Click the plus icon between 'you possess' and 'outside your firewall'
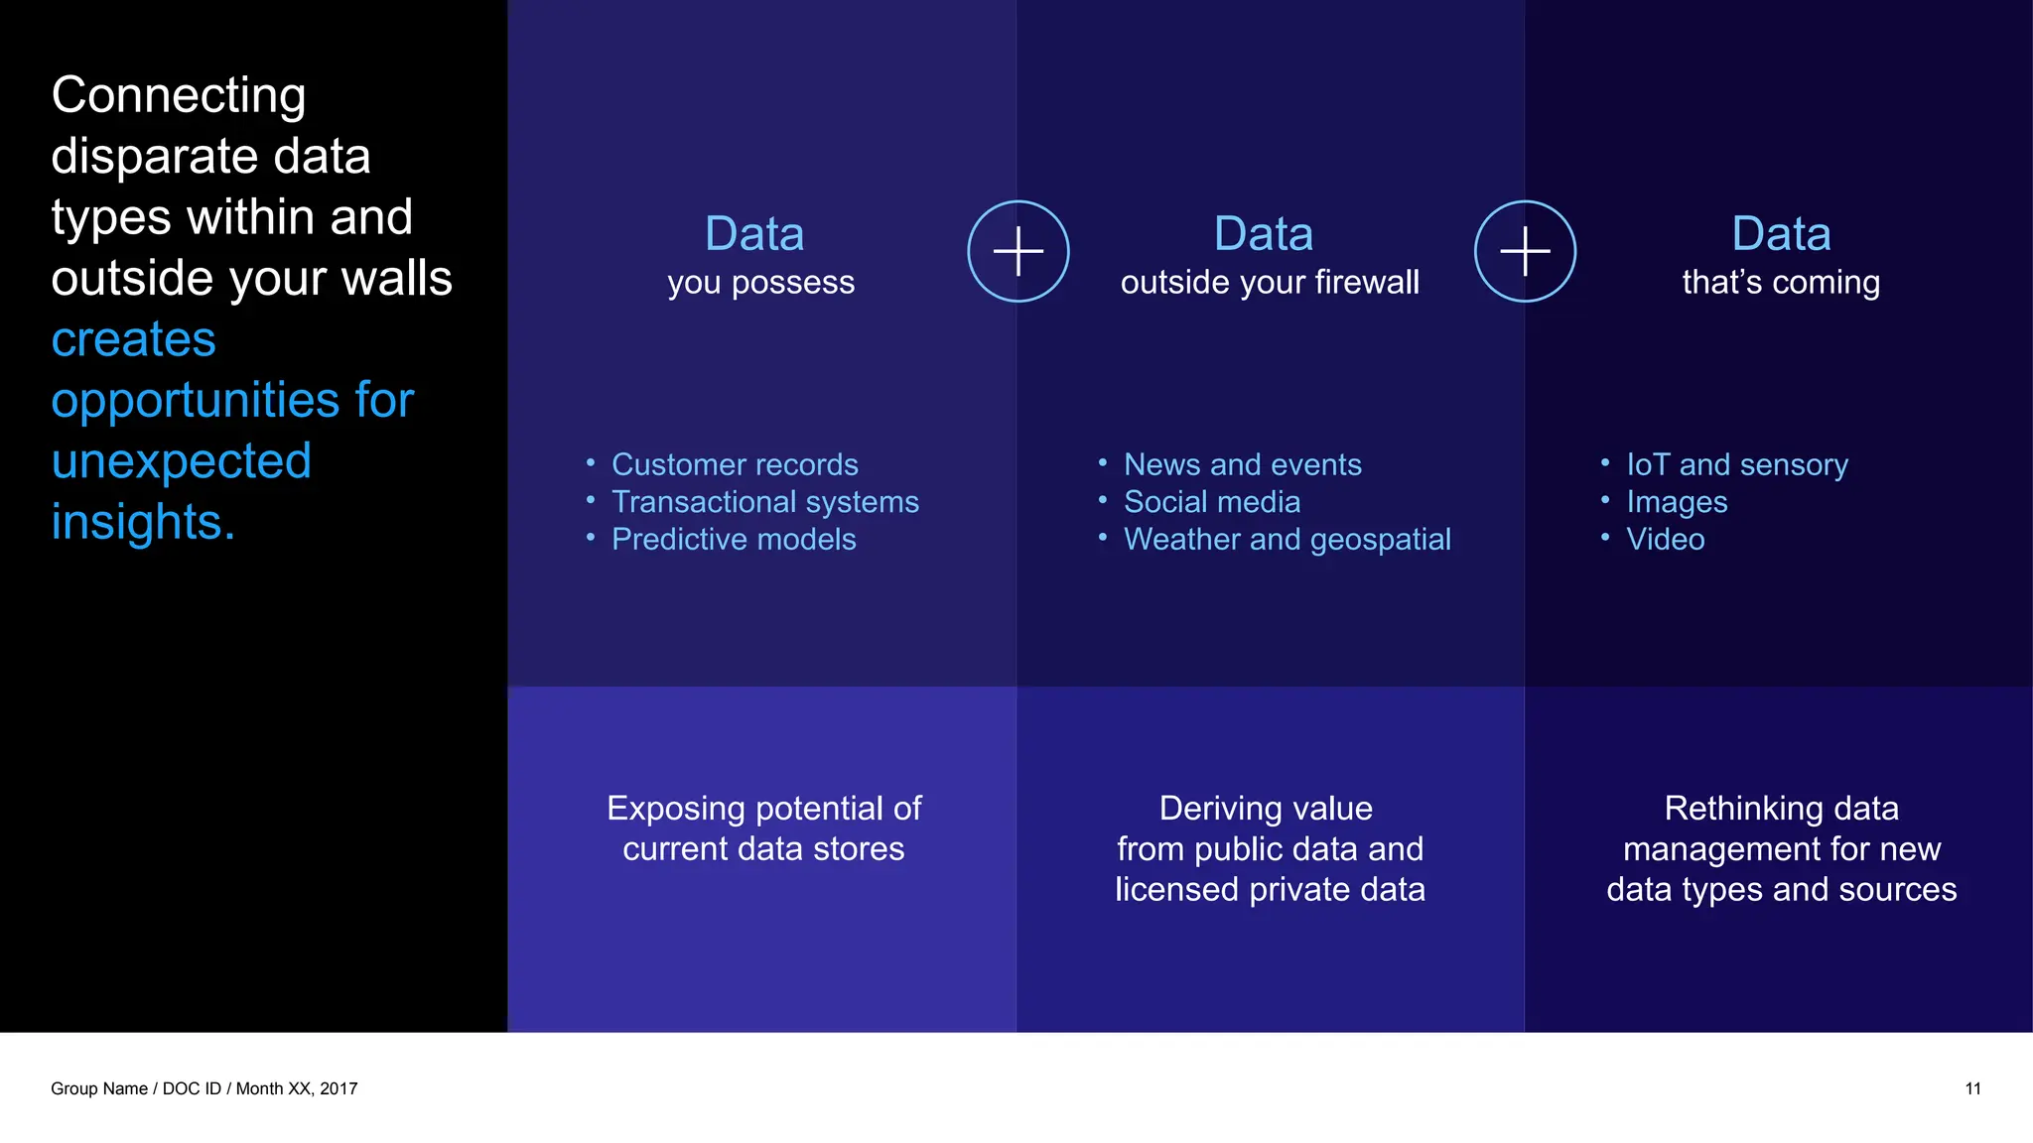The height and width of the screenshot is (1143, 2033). (1017, 251)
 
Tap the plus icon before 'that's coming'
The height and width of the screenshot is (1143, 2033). (1525, 251)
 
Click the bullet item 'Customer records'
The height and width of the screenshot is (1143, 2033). (734, 464)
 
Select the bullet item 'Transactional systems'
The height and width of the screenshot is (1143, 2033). (764, 502)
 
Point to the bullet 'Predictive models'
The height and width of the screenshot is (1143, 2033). (733, 539)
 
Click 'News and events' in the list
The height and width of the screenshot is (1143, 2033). (1242, 464)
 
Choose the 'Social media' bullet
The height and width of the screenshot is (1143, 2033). (1211, 502)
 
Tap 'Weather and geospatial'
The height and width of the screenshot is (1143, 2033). (1287, 539)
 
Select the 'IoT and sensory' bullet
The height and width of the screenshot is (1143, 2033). (1736, 464)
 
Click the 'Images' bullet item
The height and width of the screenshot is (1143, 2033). (1676, 502)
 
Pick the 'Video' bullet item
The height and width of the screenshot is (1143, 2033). (1665, 539)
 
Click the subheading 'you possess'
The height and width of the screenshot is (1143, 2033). (760, 283)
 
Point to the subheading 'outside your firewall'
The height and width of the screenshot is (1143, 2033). (1270, 283)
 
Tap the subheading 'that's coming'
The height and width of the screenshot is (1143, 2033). (1781, 283)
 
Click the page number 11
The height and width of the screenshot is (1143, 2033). (1972, 1088)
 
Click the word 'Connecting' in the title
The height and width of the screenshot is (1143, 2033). (179, 96)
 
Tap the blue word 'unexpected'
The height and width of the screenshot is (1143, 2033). (181, 461)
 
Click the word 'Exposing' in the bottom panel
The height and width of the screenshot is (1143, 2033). (662, 809)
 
